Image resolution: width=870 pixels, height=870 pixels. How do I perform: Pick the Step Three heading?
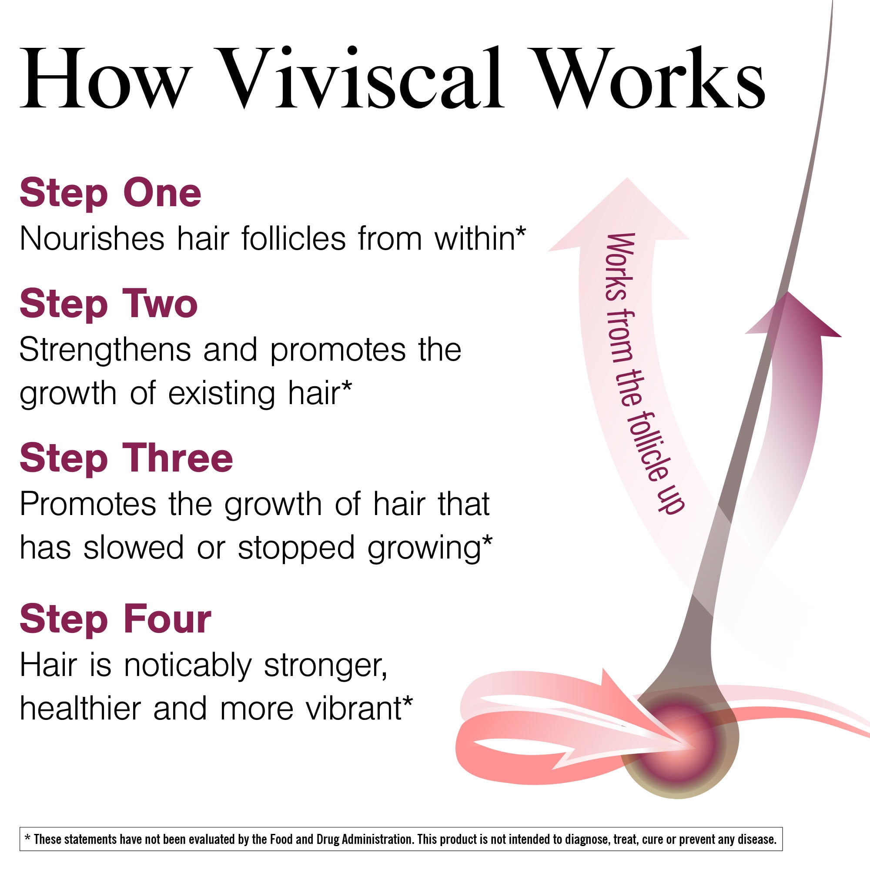coord(126,459)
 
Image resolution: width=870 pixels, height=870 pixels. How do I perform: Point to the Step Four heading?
coord(115,619)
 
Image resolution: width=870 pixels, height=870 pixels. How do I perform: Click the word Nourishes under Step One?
coord(92,238)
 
